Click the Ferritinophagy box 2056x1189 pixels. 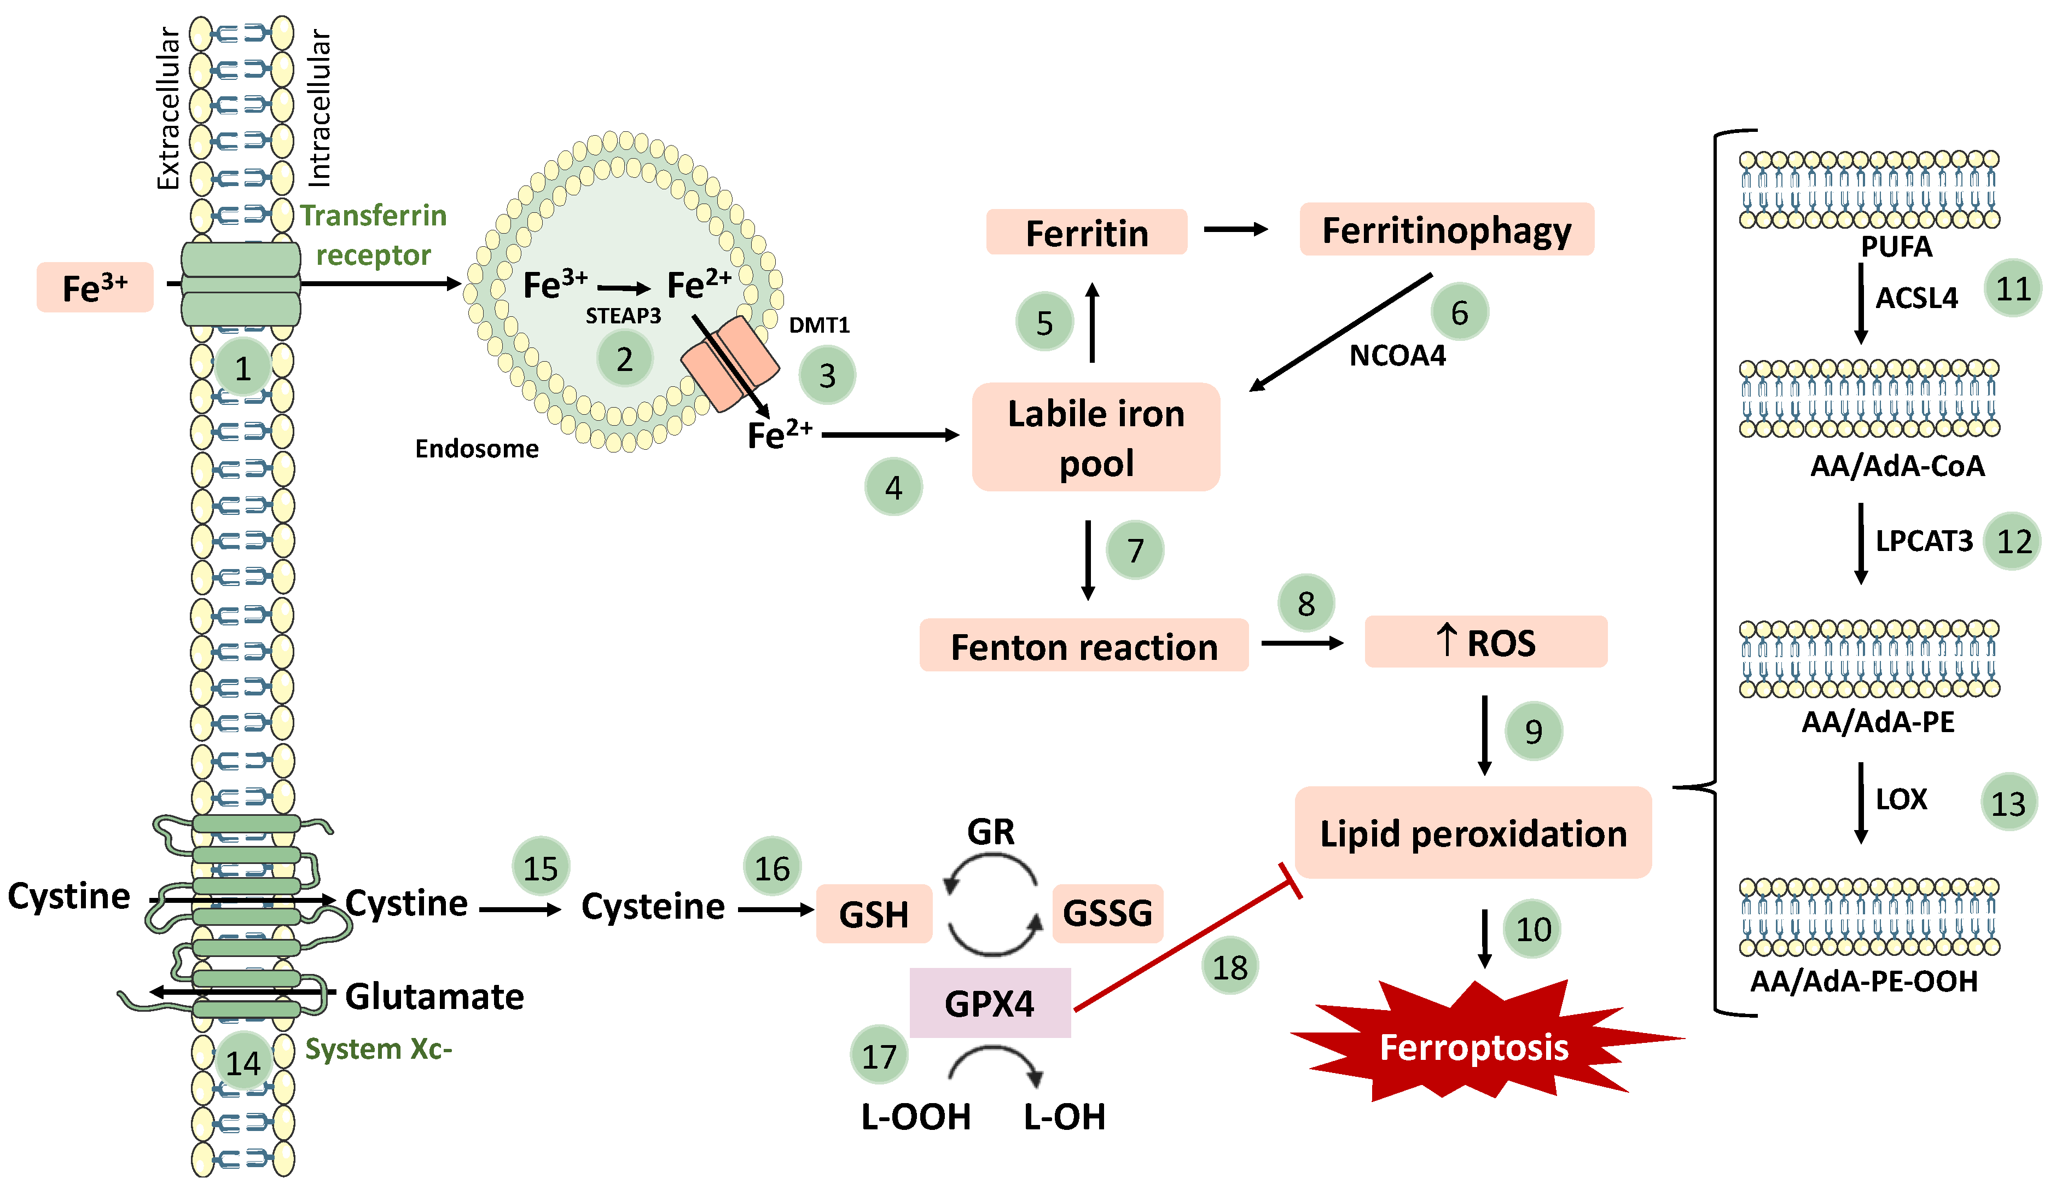[1446, 230]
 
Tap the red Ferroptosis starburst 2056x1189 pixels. [1473, 1046]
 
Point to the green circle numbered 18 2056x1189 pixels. [1229, 967]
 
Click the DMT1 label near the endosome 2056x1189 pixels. [819, 325]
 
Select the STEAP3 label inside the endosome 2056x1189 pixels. [623, 316]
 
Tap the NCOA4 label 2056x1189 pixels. [1397, 356]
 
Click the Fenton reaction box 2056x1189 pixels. [1083, 646]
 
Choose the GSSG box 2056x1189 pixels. [1107, 913]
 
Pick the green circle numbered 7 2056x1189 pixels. [1135, 551]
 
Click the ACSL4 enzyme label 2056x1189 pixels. [1916, 298]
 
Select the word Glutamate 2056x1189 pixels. [434, 996]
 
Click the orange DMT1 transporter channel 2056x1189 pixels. [729, 363]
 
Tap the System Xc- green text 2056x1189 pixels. [377, 1048]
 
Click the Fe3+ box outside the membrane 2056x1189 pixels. [95, 288]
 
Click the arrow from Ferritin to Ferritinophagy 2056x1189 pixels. [1235, 230]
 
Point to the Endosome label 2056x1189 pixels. [477, 449]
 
